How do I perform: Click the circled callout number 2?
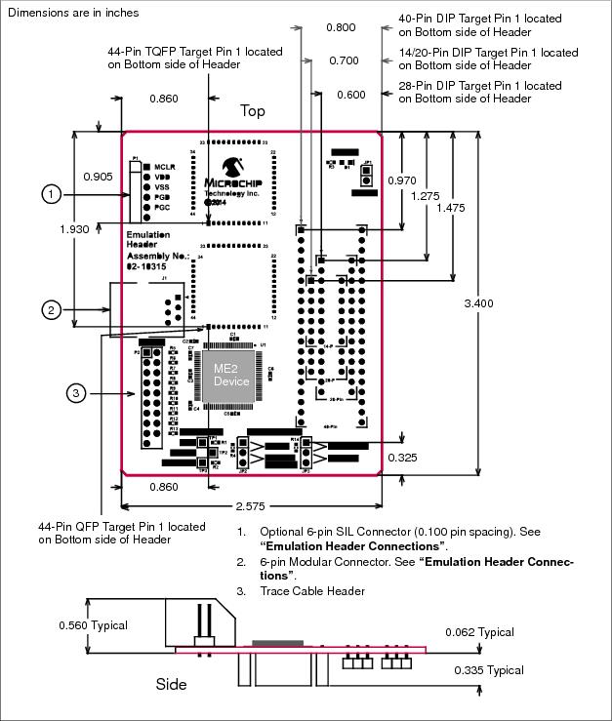pyautogui.click(x=53, y=309)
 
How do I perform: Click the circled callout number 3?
pyautogui.click(x=78, y=393)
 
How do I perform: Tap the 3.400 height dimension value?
pyautogui.click(x=477, y=303)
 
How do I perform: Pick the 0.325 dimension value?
pyautogui.click(x=403, y=457)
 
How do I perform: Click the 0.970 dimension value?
pyautogui.click(x=402, y=181)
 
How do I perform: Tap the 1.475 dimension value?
pyautogui.click(x=451, y=208)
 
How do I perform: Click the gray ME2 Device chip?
pyautogui.click(x=231, y=374)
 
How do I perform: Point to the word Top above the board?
pyautogui.click(x=253, y=111)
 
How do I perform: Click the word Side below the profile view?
pyautogui.click(x=171, y=684)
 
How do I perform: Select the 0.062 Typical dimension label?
pyautogui.click(x=478, y=632)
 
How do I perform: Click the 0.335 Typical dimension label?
pyautogui.click(x=489, y=670)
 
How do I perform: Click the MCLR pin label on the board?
pyautogui.click(x=163, y=167)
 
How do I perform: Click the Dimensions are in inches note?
pyautogui.click(x=72, y=13)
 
